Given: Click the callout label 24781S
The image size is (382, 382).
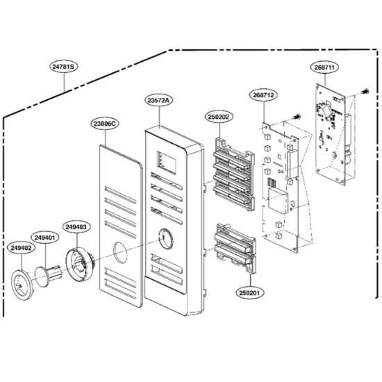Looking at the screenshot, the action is click(x=64, y=67).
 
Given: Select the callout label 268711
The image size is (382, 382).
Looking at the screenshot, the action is click(x=325, y=67).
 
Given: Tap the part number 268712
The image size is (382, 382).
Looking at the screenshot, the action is click(x=263, y=95).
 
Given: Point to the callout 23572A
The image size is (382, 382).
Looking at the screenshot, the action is click(x=160, y=101).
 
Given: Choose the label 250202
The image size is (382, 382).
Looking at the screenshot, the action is click(x=219, y=117).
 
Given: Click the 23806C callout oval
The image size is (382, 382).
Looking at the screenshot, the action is click(x=106, y=124).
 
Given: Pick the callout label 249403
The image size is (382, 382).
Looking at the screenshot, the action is click(x=76, y=227).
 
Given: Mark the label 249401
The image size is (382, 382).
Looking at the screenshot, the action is click(x=45, y=238).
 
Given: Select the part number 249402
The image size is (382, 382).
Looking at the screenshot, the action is click(x=22, y=248).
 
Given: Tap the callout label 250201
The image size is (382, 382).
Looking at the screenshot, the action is click(x=249, y=292).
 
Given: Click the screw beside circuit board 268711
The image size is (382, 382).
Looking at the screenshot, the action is click(x=365, y=92).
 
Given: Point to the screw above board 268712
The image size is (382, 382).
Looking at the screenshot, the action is click(x=297, y=117).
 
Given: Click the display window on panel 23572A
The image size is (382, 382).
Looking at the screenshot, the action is click(x=167, y=162).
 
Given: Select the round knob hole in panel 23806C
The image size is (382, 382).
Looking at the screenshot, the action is click(x=120, y=252).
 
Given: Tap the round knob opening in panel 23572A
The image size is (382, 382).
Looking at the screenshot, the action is click(x=166, y=239).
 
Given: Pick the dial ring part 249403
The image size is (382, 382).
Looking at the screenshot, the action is click(x=79, y=263).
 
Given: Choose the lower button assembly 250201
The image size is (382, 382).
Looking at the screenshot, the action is click(x=235, y=248).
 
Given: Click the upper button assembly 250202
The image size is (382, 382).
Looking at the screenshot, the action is click(x=234, y=174).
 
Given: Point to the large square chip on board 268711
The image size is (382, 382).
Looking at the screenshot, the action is click(x=326, y=110).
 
